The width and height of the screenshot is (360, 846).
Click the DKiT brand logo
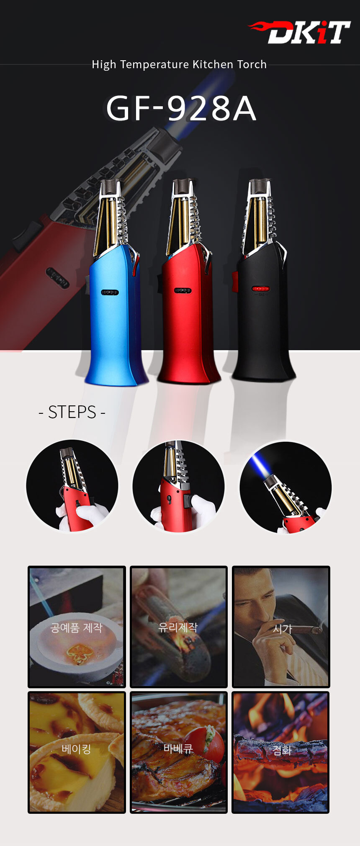coord(299,32)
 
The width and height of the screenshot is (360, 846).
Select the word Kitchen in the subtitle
coord(213,64)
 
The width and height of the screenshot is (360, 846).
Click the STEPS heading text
coord(72,412)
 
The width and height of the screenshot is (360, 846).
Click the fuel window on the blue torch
coord(110,292)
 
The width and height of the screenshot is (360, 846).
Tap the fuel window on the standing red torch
coord(183,290)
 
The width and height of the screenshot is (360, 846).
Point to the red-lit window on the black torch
coord(261,289)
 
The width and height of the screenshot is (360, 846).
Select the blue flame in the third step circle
coord(260,467)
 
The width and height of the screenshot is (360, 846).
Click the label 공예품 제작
coord(76,628)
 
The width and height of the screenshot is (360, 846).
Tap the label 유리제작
coord(178,627)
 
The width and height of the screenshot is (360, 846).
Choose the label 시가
coord(283,629)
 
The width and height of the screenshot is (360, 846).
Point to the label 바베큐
coord(178,749)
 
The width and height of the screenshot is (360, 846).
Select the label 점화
coord(282,750)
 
